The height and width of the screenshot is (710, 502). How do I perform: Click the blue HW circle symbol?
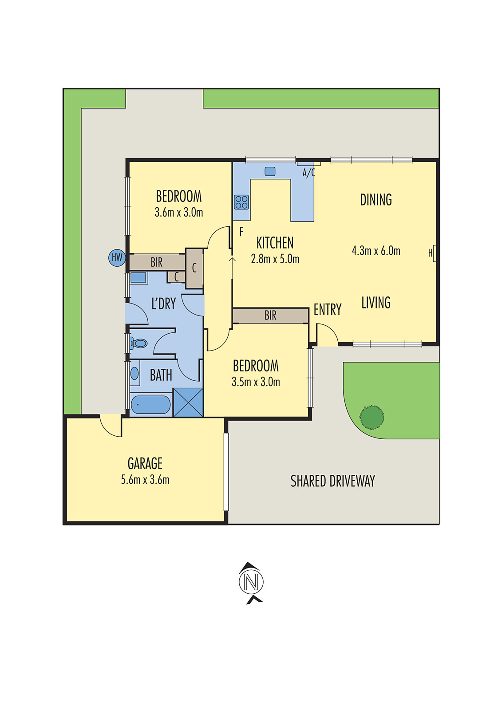(x=117, y=257)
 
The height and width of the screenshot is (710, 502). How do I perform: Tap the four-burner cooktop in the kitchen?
(x=241, y=202)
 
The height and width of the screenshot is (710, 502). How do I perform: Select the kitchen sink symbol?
(x=270, y=171)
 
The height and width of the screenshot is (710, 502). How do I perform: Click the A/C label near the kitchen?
(x=308, y=173)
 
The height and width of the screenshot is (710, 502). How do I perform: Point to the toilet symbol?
(x=139, y=343)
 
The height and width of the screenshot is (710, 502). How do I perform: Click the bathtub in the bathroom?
(x=150, y=405)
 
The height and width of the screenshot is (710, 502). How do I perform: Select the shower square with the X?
(x=188, y=402)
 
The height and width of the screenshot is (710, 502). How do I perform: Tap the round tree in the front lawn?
(x=372, y=417)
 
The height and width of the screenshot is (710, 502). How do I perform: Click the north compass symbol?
(x=251, y=582)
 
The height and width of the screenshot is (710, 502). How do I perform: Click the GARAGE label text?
(x=145, y=464)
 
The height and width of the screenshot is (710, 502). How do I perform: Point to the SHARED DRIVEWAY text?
(x=332, y=481)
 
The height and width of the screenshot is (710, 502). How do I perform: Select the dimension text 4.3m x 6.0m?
(x=376, y=251)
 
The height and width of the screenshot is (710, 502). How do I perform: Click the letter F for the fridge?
(x=241, y=232)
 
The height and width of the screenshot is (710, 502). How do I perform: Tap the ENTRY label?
(x=328, y=309)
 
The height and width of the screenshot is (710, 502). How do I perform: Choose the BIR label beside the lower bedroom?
(x=270, y=316)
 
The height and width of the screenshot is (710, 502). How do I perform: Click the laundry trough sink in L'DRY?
(x=138, y=278)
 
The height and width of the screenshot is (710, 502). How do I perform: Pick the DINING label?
(x=376, y=200)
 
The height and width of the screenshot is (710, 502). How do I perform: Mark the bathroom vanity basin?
(x=134, y=373)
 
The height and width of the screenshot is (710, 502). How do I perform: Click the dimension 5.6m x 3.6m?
(x=145, y=480)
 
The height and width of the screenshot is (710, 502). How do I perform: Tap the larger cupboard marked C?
(x=194, y=268)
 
